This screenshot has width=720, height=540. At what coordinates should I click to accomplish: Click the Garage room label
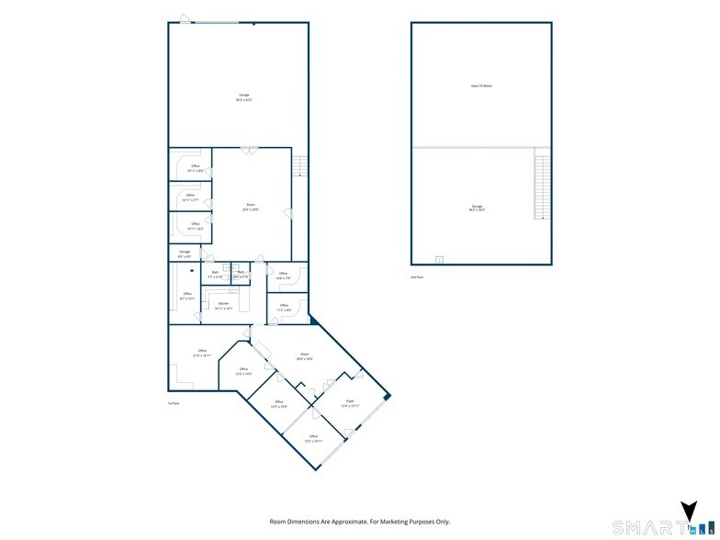click(244, 96)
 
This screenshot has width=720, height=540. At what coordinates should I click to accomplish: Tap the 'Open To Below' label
click(481, 85)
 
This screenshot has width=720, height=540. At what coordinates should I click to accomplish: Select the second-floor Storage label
click(478, 208)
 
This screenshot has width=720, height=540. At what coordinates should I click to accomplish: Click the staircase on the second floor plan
click(541, 187)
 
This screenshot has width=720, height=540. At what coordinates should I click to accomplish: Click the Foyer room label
click(350, 403)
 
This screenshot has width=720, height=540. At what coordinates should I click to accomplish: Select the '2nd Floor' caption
click(417, 276)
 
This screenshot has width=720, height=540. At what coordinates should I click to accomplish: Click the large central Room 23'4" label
click(251, 207)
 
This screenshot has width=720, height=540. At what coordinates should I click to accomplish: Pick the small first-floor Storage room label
click(185, 253)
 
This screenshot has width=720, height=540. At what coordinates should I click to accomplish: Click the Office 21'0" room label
click(202, 353)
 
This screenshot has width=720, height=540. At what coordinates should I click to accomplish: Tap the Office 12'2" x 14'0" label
click(244, 372)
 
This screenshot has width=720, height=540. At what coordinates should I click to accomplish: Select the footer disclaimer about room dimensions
click(359, 521)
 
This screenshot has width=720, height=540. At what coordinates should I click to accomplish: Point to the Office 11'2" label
click(284, 308)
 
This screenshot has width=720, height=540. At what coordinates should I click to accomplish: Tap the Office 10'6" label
click(283, 275)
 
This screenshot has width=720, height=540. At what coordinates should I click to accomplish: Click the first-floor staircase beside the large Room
click(298, 165)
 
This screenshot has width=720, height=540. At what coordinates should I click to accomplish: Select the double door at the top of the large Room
click(247, 150)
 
